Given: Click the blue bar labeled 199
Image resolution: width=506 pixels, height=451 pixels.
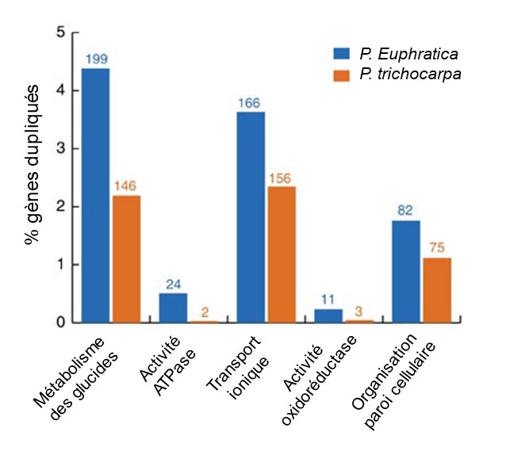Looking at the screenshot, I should [x=96, y=195].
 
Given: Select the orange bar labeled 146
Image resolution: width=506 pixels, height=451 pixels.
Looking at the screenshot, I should [x=127, y=258].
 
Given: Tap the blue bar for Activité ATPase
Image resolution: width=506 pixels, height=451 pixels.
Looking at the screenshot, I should [x=172, y=308].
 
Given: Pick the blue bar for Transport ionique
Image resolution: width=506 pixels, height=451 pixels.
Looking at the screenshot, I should [x=250, y=217].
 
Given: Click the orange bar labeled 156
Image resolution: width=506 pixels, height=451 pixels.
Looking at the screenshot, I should [x=281, y=254].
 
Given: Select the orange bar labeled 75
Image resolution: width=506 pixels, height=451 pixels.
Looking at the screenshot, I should [x=435, y=290].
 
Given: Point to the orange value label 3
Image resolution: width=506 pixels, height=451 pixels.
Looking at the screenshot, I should [x=358, y=311].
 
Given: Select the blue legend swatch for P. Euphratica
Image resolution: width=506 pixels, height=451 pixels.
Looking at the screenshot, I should [x=341, y=54].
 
